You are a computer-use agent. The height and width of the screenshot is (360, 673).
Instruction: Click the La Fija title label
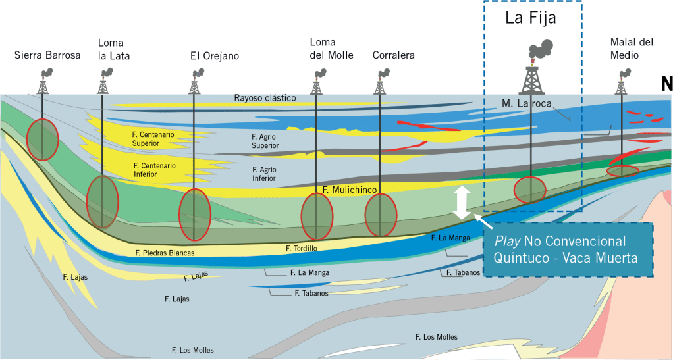point(531,18)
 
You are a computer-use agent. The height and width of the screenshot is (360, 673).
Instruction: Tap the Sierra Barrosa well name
point(47,55)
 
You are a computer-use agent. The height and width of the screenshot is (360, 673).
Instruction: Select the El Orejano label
point(215,56)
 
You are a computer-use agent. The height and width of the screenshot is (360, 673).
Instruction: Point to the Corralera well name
point(393,55)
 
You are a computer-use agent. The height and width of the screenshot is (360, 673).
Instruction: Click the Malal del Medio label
point(632,49)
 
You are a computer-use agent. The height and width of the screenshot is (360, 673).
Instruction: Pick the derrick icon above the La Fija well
point(531,68)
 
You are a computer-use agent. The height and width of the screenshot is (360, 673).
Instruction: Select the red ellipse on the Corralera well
point(381,215)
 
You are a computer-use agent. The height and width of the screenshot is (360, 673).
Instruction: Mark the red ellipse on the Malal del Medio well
point(622,171)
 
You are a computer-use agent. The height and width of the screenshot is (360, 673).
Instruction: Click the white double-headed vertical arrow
point(462,202)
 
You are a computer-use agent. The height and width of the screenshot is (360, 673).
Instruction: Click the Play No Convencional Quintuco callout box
point(569,249)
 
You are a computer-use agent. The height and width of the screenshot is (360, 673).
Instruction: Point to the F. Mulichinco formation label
point(350,190)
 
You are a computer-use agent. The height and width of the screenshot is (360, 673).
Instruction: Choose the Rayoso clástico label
point(265,98)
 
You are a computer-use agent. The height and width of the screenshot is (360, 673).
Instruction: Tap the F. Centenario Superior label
point(153,139)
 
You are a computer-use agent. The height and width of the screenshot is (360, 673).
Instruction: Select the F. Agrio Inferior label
point(264,174)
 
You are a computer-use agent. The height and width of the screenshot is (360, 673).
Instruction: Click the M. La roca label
point(525,103)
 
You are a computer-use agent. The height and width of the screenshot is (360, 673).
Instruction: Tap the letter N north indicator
point(666,84)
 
